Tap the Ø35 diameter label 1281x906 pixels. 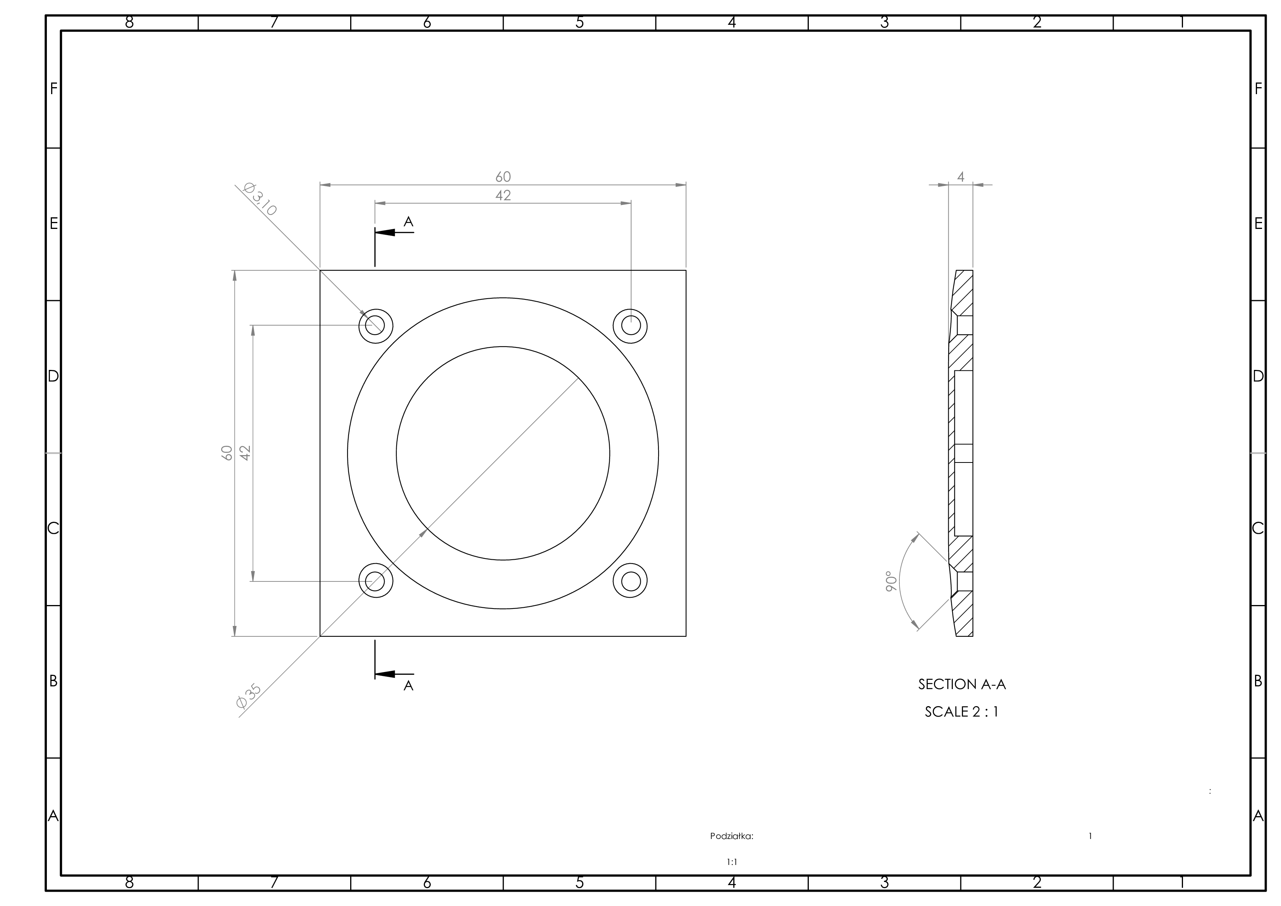(x=249, y=696)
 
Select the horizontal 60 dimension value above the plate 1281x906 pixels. (x=503, y=177)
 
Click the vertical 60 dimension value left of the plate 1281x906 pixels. (x=227, y=453)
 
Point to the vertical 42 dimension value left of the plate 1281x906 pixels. (x=246, y=453)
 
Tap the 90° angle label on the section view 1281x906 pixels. (x=891, y=581)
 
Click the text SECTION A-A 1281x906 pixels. (x=962, y=684)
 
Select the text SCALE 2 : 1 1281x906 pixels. (x=962, y=712)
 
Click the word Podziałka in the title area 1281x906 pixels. (x=731, y=836)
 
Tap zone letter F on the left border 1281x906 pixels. (x=53, y=89)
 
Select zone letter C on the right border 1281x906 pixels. (x=1258, y=528)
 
